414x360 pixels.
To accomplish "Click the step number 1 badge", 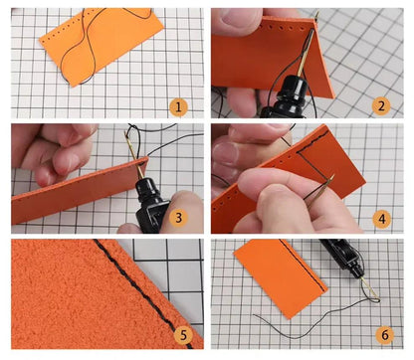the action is point(178,107).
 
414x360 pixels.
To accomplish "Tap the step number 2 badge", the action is point(381,106).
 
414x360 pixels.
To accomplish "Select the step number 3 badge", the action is point(178,218).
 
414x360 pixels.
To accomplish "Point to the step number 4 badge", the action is point(382,219).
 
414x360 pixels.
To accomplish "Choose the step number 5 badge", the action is point(183,335).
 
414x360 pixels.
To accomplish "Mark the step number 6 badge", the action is point(385,334).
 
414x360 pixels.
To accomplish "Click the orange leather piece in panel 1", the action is point(102,45).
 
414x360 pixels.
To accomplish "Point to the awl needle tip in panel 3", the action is point(125,132).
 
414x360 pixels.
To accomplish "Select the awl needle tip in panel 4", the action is point(332,175).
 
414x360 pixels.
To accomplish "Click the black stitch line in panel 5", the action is point(142,291).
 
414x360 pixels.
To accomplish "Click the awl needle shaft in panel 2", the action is point(306,53).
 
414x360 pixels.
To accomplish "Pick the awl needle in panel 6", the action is point(368,287).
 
